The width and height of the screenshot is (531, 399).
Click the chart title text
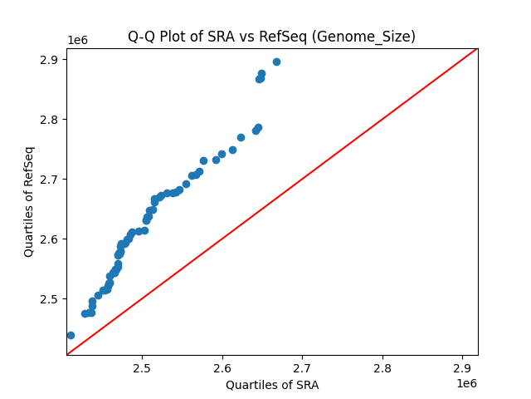[x=271, y=37]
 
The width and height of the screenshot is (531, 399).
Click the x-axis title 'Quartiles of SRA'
[x=271, y=385]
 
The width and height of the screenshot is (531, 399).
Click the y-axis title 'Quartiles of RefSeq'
[x=29, y=201]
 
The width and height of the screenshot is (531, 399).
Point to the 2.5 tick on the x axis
[x=142, y=367]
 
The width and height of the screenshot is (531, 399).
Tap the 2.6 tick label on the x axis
[x=222, y=367]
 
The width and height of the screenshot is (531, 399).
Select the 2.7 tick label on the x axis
[x=302, y=367]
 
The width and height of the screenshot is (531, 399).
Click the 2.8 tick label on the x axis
[x=382, y=367]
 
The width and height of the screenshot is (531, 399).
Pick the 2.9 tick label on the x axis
[x=462, y=367]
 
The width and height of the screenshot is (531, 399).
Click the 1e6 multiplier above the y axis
[x=77, y=41]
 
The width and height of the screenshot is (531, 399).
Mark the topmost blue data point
[x=276, y=62]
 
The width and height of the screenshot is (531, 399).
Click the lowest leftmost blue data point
[x=71, y=335]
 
